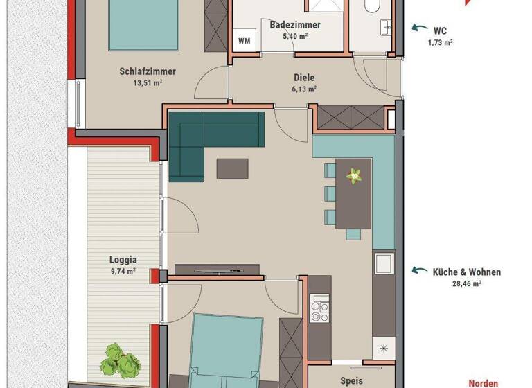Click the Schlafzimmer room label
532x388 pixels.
pyautogui.click(x=147, y=71)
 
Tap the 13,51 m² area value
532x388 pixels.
pyautogui.click(x=147, y=83)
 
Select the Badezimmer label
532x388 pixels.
pyautogui.click(x=294, y=24)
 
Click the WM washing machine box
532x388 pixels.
pyautogui.click(x=244, y=40)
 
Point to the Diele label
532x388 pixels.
pyautogui.click(x=304, y=78)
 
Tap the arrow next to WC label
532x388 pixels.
pyautogui.click(x=419, y=28)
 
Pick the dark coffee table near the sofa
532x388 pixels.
pyautogui.click(x=232, y=168)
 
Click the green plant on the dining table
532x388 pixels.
pyautogui.click(x=355, y=175)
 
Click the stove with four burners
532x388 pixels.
pyautogui.click(x=319, y=309)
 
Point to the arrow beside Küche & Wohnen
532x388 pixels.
pyautogui.click(x=419, y=271)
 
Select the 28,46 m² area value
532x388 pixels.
pyautogui.click(x=467, y=283)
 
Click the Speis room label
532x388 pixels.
pyautogui.click(x=351, y=380)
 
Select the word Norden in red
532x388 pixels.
pyautogui.click(x=483, y=382)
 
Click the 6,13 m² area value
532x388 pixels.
pyautogui.click(x=304, y=89)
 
